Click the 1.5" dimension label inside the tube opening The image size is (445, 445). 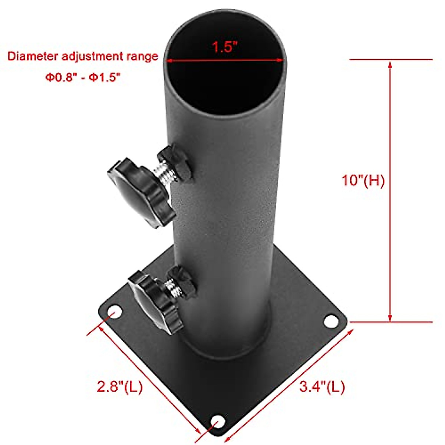pyautogui.click(x=224, y=47)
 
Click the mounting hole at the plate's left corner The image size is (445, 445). pyautogui.click(x=115, y=313)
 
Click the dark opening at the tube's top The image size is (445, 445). pyautogui.click(x=225, y=85)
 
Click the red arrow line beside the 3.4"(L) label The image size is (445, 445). pyautogui.click(x=289, y=382)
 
